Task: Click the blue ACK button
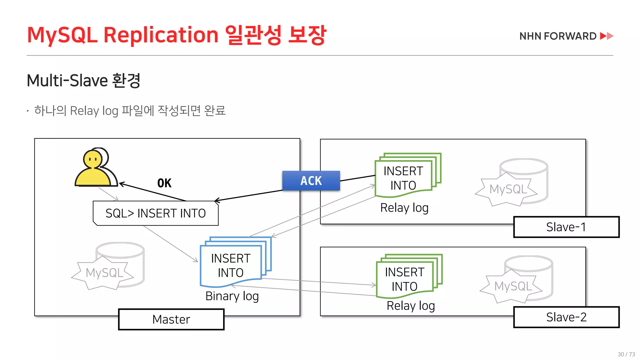point(311,181)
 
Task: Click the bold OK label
point(164,183)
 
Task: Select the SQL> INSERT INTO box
point(156,213)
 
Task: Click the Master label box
point(171,319)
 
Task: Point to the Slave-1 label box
point(566,227)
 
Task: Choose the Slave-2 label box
point(566,317)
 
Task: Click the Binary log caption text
point(232,296)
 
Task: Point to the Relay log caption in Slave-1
point(404,208)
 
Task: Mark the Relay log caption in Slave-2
point(411,306)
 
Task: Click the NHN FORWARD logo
point(566,36)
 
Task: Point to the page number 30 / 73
point(626,354)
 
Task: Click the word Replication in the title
point(161,35)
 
